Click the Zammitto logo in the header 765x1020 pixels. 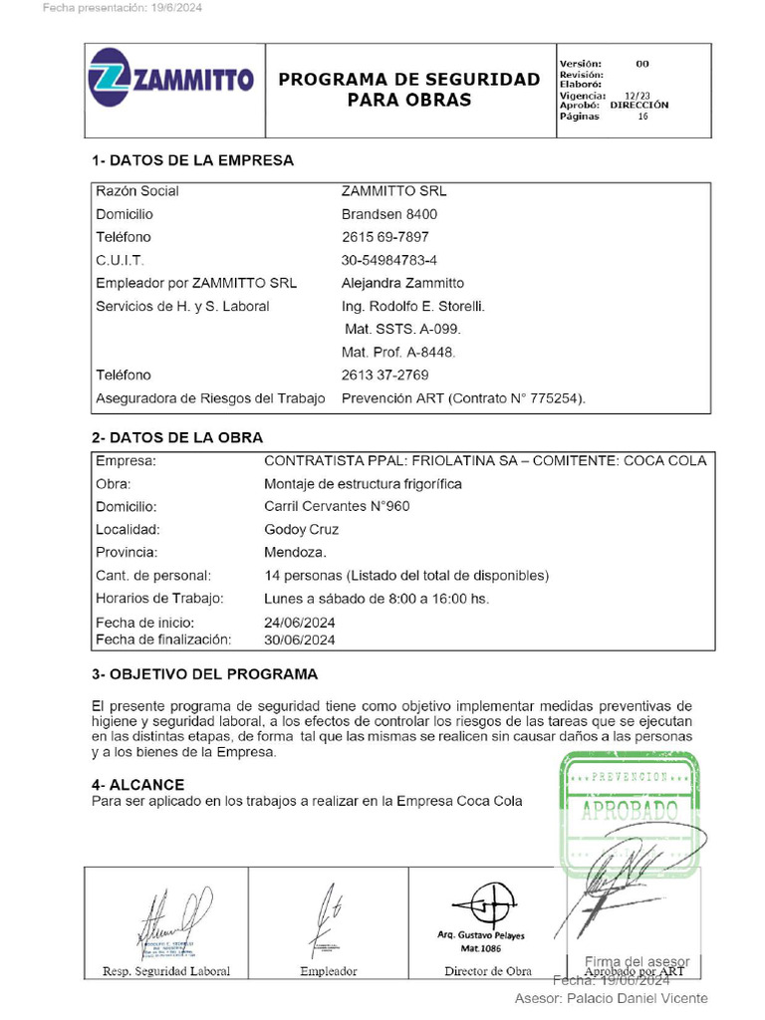point(170,80)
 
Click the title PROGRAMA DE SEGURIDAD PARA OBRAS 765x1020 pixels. point(408,90)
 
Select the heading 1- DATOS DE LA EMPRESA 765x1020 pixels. point(192,160)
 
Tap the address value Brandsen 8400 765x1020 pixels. point(388,214)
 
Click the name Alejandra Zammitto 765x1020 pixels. point(402,283)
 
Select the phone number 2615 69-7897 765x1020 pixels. point(384,237)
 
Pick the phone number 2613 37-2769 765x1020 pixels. point(384,375)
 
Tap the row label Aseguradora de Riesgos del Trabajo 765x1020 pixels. point(210,398)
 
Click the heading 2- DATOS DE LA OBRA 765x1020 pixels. point(177,437)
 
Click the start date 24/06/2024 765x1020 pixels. point(299,623)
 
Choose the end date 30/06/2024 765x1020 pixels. point(299,639)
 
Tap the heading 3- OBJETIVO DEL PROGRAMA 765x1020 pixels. point(204,674)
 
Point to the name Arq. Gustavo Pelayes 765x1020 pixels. point(481,935)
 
